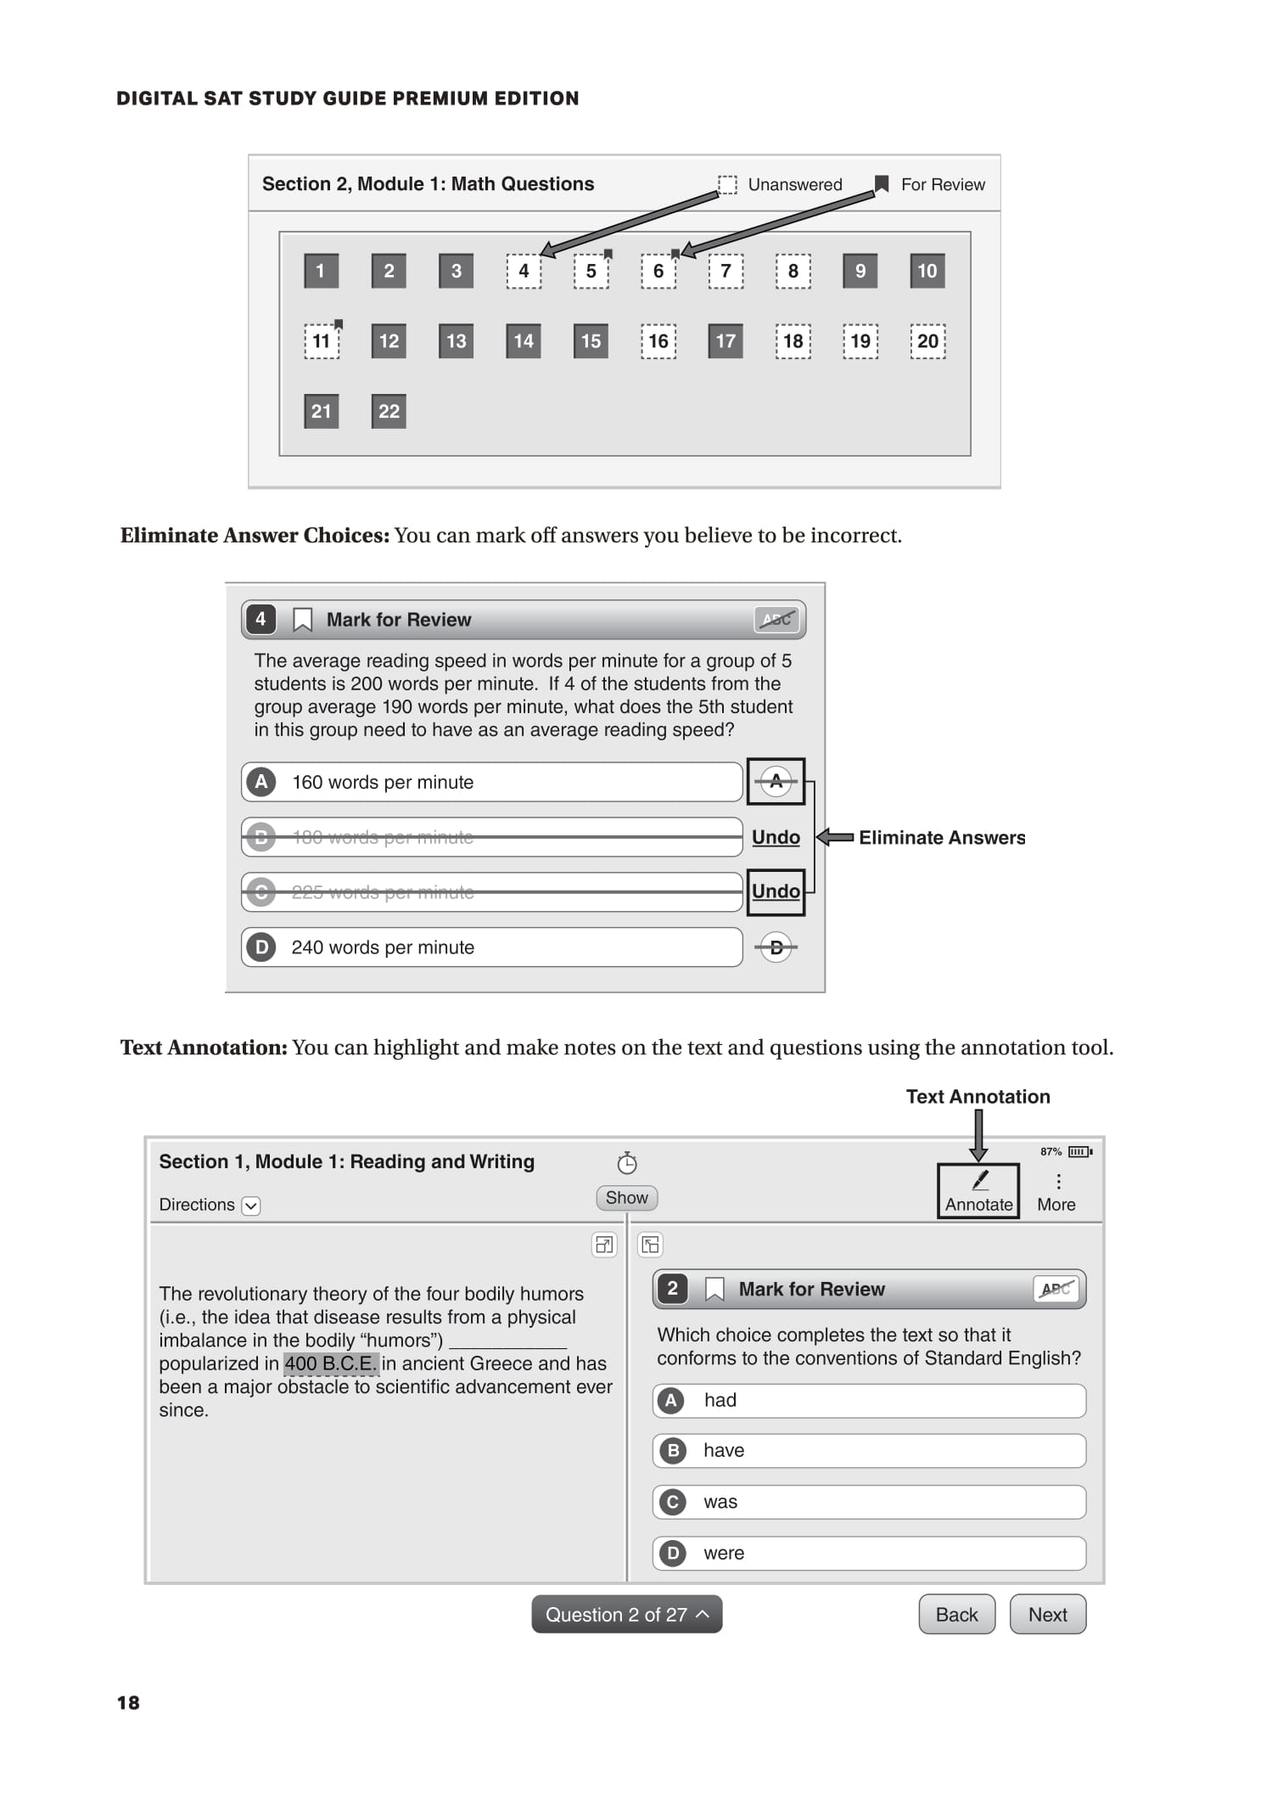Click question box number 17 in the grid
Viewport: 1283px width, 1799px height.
[x=725, y=341]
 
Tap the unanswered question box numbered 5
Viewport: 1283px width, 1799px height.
[x=591, y=272]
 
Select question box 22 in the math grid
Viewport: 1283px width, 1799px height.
[x=389, y=412]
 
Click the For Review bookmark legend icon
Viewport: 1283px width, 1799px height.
[x=882, y=184]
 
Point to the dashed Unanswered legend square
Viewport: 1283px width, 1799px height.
[x=727, y=184]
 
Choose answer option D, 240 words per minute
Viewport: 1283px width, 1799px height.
[x=492, y=947]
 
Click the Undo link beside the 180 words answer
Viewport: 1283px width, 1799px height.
[x=776, y=838]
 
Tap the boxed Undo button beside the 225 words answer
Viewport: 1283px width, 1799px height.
[x=776, y=891]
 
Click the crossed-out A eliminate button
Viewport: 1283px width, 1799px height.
[x=776, y=782]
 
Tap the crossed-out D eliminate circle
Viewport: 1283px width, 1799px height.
[x=776, y=947]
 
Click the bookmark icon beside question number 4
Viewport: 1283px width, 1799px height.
[x=302, y=621]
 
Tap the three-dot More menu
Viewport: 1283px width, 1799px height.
[x=1057, y=1183]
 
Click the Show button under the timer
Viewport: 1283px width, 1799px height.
[x=626, y=1198]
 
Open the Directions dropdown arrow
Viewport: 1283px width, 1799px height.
[x=251, y=1206]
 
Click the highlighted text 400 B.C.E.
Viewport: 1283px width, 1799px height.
[x=330, y=1364]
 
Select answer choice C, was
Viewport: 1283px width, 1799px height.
[x=869, y=1503]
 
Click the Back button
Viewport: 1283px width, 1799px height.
[x=956, y=1615]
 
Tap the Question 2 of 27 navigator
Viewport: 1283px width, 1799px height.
[x=626, y=1615]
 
